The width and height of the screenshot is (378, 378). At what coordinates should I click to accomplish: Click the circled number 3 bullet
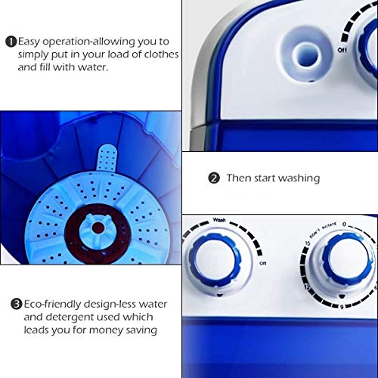(16, 304)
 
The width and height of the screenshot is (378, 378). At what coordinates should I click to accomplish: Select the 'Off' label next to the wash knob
(264, 264)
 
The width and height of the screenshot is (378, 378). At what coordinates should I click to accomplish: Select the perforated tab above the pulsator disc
(110, 162)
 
